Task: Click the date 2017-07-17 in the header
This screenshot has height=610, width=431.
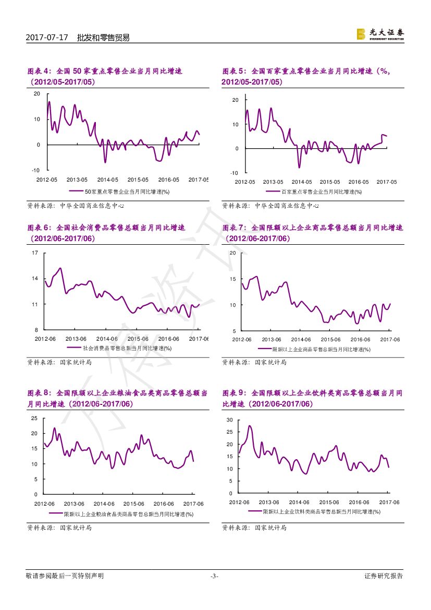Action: click(x=47, y=38)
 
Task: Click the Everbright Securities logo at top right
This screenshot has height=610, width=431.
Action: click(x=380, y=34)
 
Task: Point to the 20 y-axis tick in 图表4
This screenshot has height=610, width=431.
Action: click(x=36, y=93)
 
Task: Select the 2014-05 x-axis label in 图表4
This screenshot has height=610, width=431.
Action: click(x=108, y=180)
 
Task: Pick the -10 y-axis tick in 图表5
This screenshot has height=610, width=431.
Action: click(x=235, y=173)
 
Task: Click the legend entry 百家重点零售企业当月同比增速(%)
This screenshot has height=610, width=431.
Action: click(x=317, y=192)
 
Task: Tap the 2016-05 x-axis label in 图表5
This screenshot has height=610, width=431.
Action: click(x=358, y=182)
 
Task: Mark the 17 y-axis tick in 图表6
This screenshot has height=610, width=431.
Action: click(x=35, y=253)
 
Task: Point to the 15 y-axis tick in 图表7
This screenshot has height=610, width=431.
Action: click(x=232, y=279)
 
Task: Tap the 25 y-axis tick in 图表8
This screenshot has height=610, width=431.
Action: click(x=34, y=418)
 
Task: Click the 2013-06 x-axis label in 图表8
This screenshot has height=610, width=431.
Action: click(x=74, y=504)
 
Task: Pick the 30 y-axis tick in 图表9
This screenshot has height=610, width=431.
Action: click(x=229, y=420)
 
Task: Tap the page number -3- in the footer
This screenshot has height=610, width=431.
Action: click(x=214, y=576)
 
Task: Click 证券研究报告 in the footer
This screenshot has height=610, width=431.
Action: click(x=384, y=576)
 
